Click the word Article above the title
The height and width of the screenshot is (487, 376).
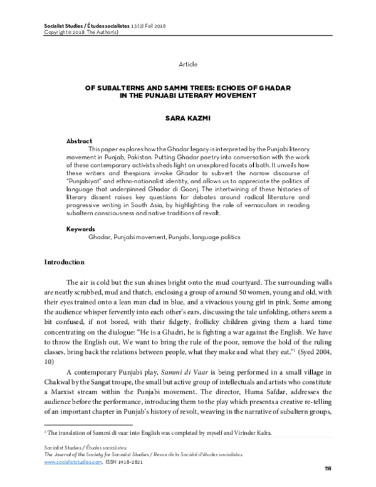[187, 64]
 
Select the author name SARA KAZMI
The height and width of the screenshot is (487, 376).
[187, 117]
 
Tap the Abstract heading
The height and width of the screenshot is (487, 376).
[80, 141]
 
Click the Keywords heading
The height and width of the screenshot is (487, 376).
[81, 230]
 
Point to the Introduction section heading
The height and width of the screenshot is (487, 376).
[68, 262]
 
